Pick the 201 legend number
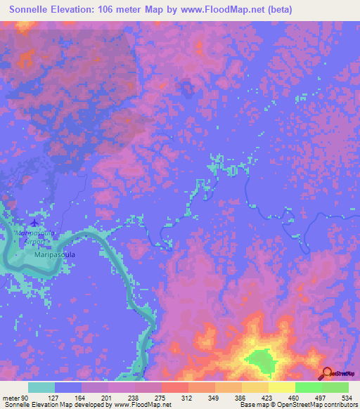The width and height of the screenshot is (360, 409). pos(108,397)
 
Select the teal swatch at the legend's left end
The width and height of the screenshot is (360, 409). pos(41,387)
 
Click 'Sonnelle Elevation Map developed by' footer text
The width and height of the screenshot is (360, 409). pos(49,405)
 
